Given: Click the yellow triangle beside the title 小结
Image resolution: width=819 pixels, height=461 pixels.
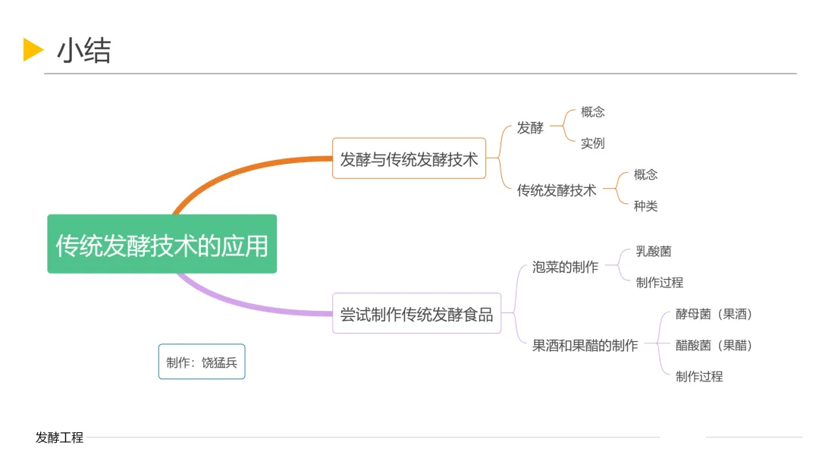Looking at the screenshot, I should click(33, 49).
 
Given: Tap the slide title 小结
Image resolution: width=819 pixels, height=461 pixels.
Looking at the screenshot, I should click(83, 50).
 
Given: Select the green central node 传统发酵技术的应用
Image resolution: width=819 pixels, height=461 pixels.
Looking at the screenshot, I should click(162, 244).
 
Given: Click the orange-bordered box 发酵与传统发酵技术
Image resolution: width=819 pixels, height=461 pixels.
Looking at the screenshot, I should click(409, 158).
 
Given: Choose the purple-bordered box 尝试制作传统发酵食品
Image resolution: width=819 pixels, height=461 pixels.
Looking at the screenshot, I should click(416, 313).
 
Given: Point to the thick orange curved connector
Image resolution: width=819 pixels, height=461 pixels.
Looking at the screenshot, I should click(243, 168).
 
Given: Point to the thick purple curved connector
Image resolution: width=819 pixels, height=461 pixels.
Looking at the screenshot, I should click(243, 303).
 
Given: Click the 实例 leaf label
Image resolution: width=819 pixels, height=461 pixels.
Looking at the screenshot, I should click(592, 143).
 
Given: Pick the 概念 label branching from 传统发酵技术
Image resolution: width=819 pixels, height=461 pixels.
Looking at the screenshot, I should click(645, 174).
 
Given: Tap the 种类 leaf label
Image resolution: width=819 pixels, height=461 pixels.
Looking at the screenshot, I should click(645, 205).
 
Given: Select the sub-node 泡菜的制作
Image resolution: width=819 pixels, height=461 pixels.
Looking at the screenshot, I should click(565, 267).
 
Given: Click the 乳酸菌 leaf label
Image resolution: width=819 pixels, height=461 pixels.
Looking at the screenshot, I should click(653, 251).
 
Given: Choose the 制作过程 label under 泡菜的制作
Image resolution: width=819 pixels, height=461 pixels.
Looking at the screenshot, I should click(659, 282).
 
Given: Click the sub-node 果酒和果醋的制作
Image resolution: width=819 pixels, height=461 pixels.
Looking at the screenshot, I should click(585, 345).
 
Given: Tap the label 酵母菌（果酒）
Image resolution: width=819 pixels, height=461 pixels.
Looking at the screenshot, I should click(714, 314).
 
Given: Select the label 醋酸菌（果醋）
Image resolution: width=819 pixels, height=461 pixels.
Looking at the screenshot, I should click(714, 345).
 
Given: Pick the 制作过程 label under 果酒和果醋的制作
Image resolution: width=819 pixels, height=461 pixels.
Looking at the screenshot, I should click(699, 376).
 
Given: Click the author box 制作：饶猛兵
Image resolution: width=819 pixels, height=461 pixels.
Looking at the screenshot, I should click(202, 362).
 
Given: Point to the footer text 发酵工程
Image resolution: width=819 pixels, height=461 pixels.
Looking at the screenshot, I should click(59, 437).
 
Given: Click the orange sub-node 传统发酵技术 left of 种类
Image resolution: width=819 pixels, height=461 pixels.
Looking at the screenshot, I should click(557, 190).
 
